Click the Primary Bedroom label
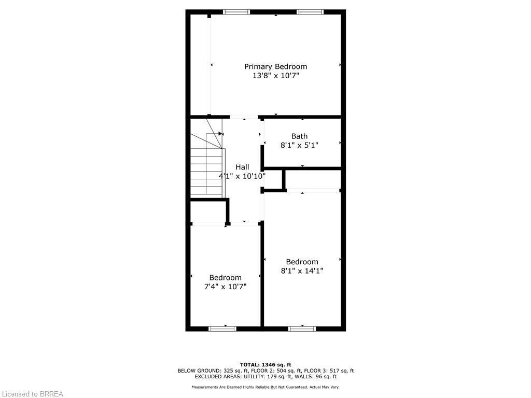275,66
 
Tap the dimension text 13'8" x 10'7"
275,76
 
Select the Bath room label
299,136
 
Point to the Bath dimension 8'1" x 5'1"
299,146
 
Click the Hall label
242,167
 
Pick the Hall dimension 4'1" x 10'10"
242,176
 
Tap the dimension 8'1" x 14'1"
302,271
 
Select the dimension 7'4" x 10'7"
225,287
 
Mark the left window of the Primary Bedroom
236,11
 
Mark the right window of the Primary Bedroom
310,11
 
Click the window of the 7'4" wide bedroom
222,328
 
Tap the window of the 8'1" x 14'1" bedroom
302,328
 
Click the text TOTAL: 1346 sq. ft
265,364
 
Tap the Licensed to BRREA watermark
32,394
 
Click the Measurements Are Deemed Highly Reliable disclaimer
265,387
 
